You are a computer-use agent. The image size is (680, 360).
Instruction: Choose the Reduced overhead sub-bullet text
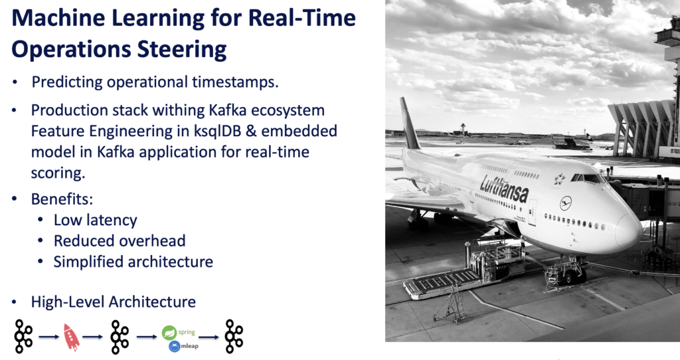[x=120, y=240]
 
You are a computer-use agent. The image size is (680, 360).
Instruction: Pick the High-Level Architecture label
[x=113, y=302]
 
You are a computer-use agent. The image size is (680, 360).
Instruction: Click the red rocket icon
[x=71, y=337]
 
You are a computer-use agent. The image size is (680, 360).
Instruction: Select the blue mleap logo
[x=175, y=346]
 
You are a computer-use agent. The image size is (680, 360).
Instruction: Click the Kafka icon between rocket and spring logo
[x=120, y=336]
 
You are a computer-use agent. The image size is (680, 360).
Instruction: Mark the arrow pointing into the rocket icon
[x=48, y=337]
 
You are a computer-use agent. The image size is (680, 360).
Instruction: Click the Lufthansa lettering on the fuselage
[x=504, y=189]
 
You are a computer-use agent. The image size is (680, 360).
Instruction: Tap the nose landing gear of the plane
[x=570, y=268]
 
